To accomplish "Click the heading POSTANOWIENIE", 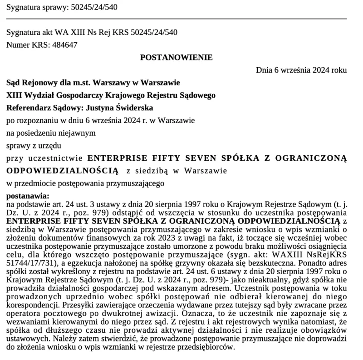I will point(177,57).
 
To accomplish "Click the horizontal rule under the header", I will point(177,19).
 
